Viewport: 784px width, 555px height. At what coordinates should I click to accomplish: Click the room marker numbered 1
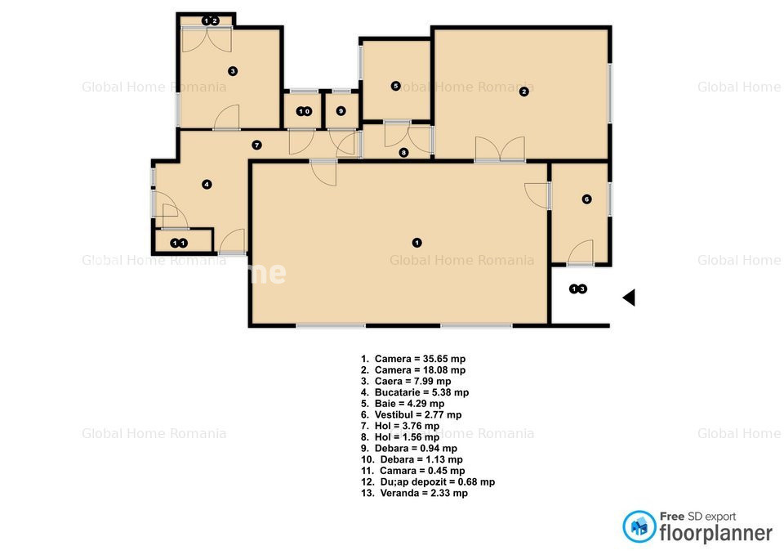click(417, 243)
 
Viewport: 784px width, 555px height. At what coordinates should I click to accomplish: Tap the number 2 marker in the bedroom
click(524, 92)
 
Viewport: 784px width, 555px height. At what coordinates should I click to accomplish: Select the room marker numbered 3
click(233, 71)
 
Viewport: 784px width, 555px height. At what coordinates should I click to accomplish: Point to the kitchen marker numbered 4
click(207, 185)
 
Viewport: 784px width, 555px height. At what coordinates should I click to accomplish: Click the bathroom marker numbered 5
click(395, 86)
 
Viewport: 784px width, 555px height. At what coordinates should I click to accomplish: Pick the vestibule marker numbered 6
click(587, 199)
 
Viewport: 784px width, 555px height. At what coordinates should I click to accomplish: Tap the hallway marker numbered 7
click(256, 145)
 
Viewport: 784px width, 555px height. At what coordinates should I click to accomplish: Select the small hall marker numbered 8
click(403, 153)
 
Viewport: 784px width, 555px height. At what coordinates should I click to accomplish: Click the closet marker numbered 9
click(341, 111)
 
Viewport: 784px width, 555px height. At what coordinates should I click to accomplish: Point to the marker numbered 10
click(304, 112)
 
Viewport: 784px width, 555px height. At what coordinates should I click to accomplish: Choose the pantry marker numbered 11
click(179, 244)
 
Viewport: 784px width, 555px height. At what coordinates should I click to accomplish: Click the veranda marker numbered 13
click(578, 289)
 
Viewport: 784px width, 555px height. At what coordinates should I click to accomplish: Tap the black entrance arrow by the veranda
click(630, 298)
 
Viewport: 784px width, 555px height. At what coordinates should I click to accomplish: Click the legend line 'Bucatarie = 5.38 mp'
click(415, 392)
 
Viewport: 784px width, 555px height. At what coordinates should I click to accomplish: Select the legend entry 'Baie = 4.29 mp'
click(403, 403)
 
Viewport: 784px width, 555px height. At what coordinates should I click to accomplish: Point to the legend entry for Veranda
click(415, 493)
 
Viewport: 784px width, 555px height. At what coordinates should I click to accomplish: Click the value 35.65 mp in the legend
click(444, 359)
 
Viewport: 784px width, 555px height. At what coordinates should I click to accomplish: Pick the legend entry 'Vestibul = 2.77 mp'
click(412, 415)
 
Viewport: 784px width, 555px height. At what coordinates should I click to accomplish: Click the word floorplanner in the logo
click(716, 533)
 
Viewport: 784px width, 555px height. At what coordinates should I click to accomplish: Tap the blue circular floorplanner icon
click(639, 526)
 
